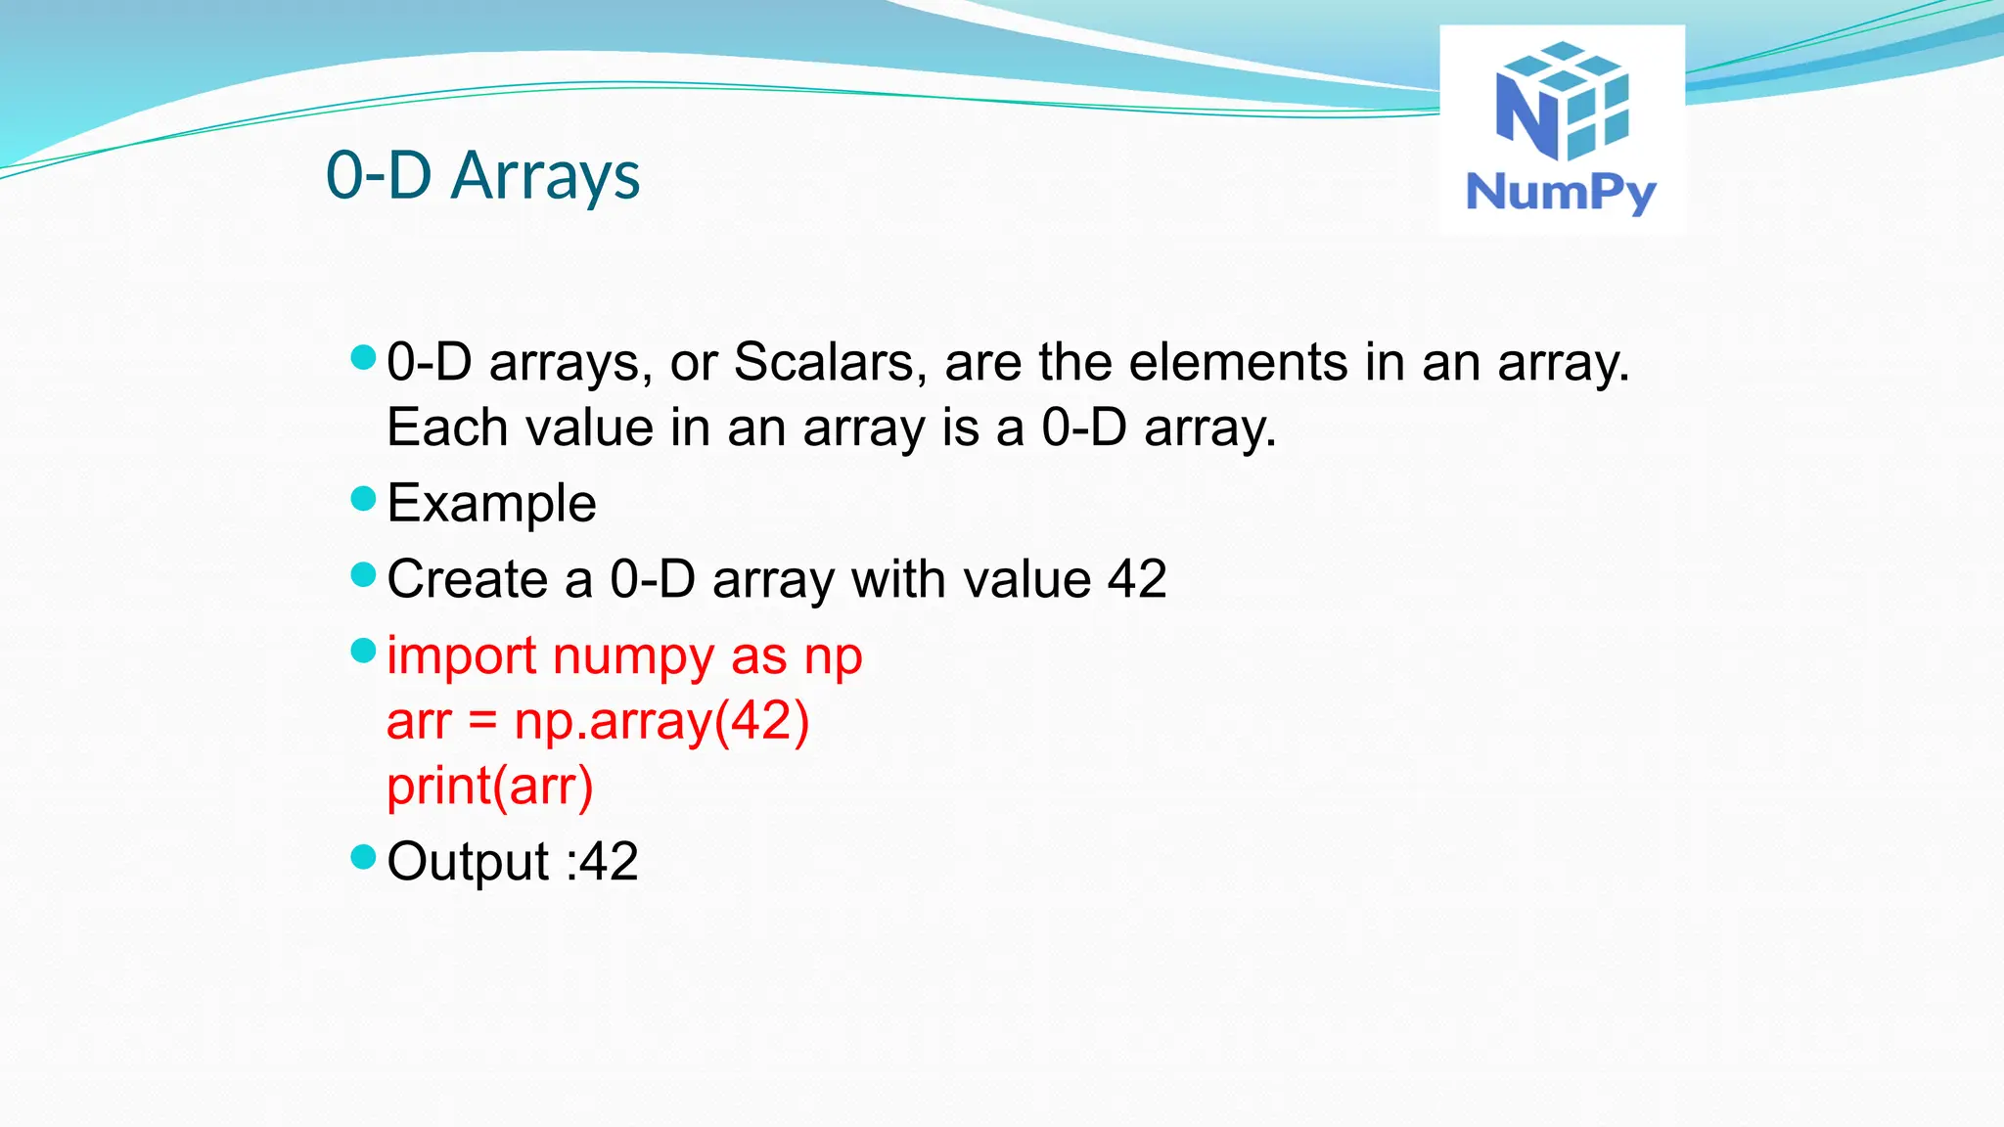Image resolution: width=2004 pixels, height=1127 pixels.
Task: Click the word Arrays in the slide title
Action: tap(545, 176)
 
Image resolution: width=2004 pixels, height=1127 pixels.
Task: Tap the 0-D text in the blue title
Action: tap(379, 176)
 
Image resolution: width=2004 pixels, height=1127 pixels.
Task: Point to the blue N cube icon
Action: tap(1562, 101)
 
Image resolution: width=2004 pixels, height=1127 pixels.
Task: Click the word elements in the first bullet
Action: tap(1238, 362)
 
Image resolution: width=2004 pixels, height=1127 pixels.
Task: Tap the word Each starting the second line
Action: tap(447, 428)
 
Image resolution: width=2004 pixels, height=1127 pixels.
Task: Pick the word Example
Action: tap(491, 503)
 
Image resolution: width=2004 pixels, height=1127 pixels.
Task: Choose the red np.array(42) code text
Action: tap(661, 721)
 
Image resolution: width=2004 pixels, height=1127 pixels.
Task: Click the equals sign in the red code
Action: tap(482, 722)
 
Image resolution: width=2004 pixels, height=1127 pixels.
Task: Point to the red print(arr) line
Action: tap(489, 786)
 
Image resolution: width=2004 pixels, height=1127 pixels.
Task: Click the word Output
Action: tap(468, 862)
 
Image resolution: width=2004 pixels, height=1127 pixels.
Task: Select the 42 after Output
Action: tap(609, 862)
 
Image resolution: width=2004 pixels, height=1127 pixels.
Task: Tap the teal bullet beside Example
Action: tap(363, 499)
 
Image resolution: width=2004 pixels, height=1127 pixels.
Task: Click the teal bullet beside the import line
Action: tap(363, 651)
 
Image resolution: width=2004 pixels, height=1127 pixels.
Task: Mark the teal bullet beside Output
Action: tap(363, 857)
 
